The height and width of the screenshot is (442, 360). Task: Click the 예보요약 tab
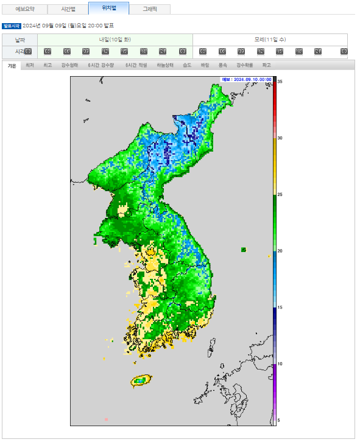[25, 9]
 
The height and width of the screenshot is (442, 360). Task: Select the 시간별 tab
[68, 9]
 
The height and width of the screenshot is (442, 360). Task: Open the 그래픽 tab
[149, 9]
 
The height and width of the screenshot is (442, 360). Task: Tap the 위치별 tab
[108, 9]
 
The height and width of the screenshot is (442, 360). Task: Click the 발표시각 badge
[11, 26]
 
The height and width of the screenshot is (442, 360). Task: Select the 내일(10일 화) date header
[115, 39]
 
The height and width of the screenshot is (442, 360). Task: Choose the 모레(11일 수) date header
[270, 39]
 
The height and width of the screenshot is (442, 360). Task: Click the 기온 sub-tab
[12, 65]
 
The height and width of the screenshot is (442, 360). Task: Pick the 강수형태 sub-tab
[69, 65]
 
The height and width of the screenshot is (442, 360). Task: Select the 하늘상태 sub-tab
[165, 65]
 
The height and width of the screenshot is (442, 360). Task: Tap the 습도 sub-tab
[186, 65]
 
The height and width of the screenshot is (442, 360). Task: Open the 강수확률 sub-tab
[244, 65]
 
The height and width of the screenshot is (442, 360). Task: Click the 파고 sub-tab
[266, 65]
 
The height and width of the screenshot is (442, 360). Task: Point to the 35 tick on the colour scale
[280, 82]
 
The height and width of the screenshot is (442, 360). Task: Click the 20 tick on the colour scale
[280, 251]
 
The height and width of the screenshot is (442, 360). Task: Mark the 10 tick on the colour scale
[280, 364]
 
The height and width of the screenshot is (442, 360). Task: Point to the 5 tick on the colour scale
[278, 420]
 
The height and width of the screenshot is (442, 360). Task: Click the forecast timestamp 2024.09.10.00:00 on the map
[246, 80]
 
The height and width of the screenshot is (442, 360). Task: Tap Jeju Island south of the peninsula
[140, 381]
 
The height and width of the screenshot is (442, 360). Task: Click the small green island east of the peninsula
[244, 250]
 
